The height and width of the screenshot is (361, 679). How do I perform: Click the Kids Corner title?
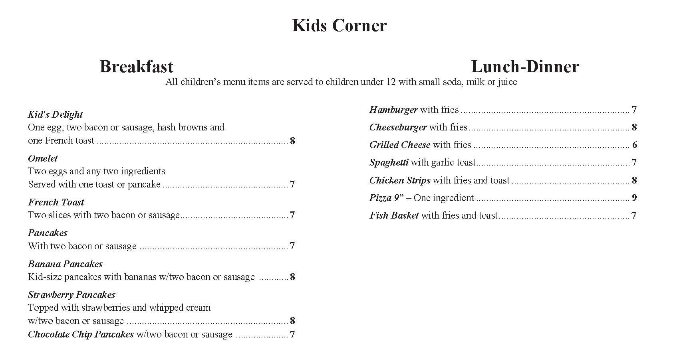[339, 26]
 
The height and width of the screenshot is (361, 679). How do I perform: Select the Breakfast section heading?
[136, 67]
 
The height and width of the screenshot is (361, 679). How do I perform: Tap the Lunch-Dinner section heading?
[525, 67]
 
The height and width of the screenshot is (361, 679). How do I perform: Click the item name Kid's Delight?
[55, 114]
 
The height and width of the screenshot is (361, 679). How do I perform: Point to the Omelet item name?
[43, 158]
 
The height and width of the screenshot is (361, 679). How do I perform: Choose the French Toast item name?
[56, 202]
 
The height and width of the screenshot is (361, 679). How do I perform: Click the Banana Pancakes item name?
[65, 264]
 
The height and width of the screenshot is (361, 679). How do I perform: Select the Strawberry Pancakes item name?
[71, 295]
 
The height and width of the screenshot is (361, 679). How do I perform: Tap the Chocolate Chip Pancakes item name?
[81, 334]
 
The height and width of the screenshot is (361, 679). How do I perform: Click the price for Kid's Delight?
[292, 141]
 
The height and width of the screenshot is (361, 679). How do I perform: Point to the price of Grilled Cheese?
[635, 145]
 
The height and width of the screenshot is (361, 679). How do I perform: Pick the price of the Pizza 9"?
[634, 198]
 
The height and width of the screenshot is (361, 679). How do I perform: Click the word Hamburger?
[393, 110]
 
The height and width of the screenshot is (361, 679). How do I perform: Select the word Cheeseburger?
[398, 127]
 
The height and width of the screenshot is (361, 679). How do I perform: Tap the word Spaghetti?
[389, 162]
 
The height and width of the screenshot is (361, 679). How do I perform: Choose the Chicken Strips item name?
[400, 180]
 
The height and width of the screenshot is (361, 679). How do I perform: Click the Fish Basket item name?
[394, 215]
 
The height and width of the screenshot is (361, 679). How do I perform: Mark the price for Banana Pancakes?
[292, 277]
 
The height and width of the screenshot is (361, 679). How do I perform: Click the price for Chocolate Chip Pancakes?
[292, 335]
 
